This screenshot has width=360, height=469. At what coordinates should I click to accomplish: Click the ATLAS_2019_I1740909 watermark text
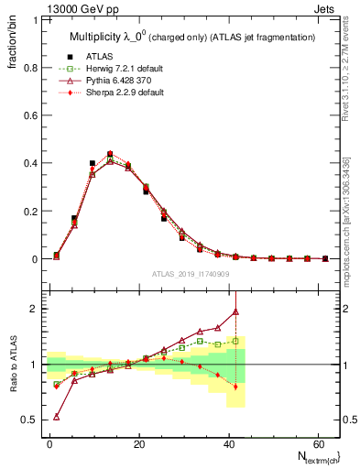(x=191, y=273)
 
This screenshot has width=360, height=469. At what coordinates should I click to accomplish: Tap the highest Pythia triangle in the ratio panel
(x=236, y=311)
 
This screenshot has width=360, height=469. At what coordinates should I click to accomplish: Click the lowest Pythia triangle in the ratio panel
(x=57, y=417)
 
